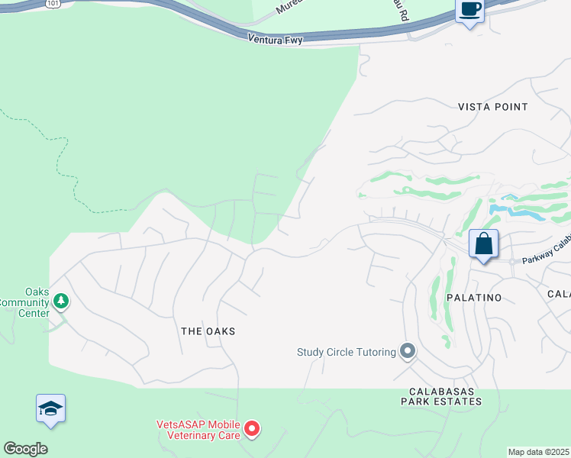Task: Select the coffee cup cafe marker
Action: (x=469, y=10)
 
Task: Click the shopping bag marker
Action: (x=483, y=244)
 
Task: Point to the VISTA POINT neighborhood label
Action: (x=492, y=107)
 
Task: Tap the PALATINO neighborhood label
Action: (x=474, y=298)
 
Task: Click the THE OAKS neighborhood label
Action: (x=208, y=331)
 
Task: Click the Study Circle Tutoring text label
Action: (x=347, y=352)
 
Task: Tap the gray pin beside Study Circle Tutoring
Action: (x=408, y=351)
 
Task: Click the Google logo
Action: (x=25, y=449)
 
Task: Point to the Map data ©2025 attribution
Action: (x=538, y=452)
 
